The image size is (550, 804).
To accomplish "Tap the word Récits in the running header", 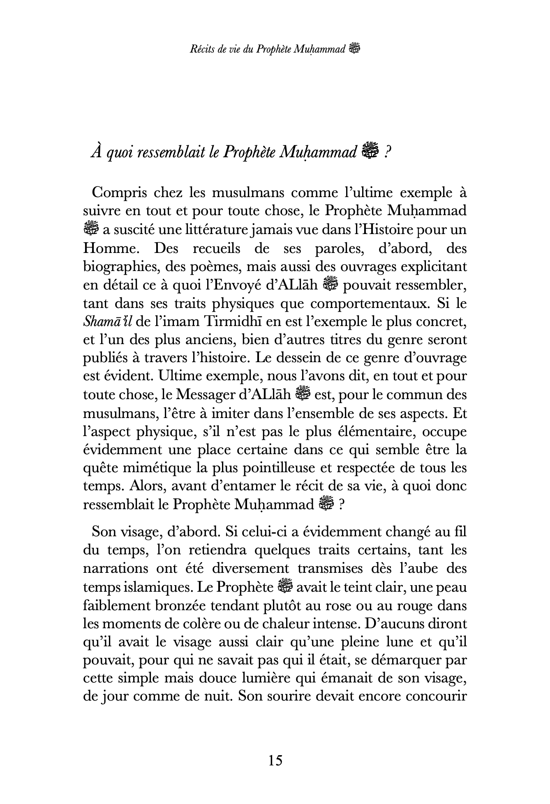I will tap(201, 50).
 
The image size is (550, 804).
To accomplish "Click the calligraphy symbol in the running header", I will tap(354, 49).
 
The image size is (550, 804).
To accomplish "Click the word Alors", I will tap(146, 486).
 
